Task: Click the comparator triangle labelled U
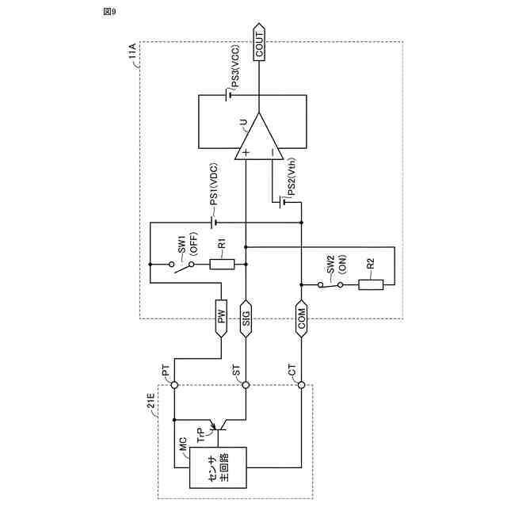coord(257,139)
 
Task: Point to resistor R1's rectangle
coord(222,264)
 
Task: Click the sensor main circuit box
coord(218,467)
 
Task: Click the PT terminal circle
coord(173,385)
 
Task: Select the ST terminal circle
coord(246,385)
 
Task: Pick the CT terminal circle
coord(301,385)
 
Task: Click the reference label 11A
coord(132,58)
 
